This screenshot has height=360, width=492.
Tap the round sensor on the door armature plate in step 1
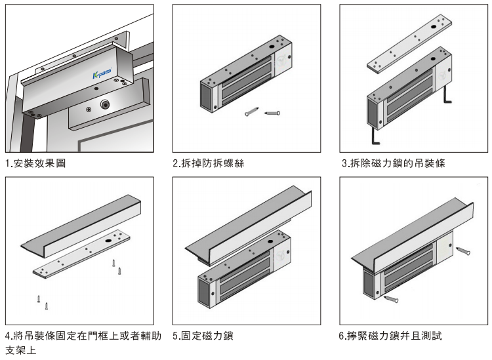105,104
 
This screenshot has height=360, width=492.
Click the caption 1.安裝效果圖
35,163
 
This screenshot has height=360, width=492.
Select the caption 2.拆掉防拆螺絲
208,163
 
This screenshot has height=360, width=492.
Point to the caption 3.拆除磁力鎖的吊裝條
394,163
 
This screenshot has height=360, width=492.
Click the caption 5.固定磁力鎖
203,336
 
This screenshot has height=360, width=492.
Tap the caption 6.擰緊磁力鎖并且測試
390,336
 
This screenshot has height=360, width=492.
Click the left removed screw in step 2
252,111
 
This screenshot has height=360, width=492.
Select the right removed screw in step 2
272,113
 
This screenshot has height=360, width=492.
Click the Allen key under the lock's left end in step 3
375,136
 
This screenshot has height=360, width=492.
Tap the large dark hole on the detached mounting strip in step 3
433,27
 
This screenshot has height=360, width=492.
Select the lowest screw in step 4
47,306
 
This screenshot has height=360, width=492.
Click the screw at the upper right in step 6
463,251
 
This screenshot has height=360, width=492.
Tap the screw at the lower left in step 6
391,299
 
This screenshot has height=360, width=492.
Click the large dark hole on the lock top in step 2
271,47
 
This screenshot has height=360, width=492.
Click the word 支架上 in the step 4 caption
21,350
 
